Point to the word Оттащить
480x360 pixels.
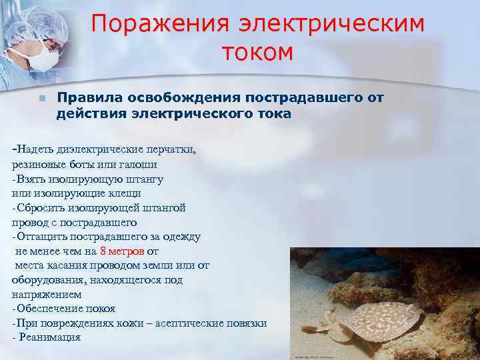click(x=43, y=237)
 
